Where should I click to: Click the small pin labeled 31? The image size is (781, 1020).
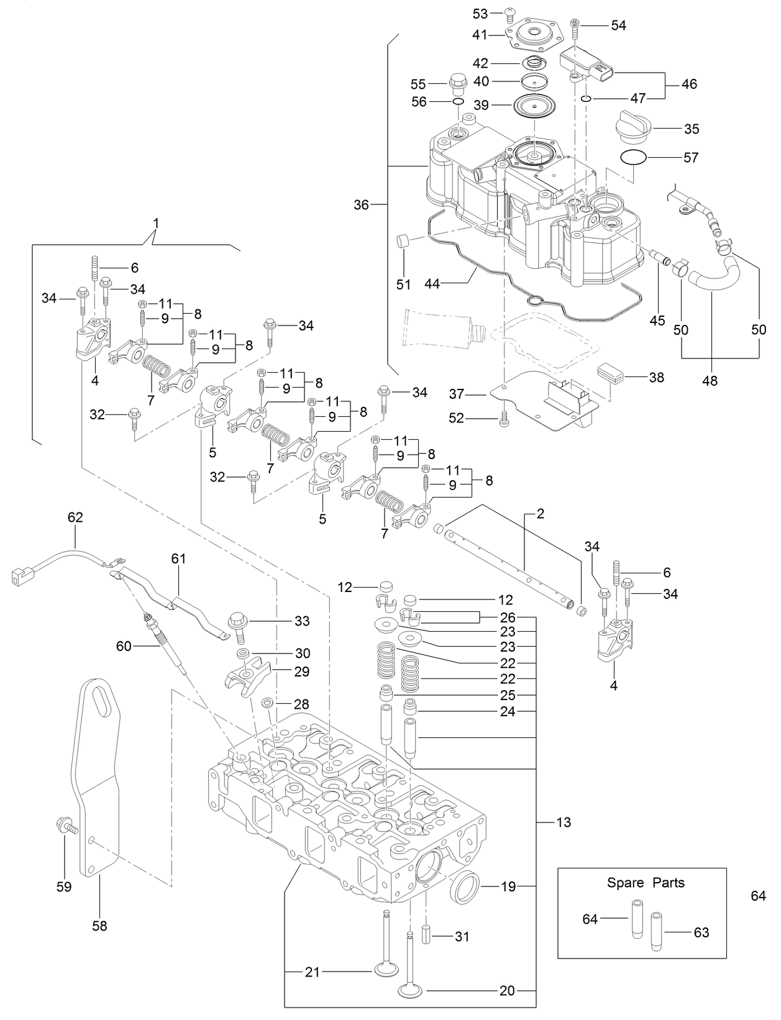(427, 934)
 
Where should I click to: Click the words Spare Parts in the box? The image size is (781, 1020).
(646, 883)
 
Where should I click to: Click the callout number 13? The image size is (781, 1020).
(563, 822)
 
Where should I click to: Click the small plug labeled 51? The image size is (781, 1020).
(404, 241)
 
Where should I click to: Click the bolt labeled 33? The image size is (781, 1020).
(239, 624)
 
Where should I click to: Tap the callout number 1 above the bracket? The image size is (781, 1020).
(156, 222)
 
